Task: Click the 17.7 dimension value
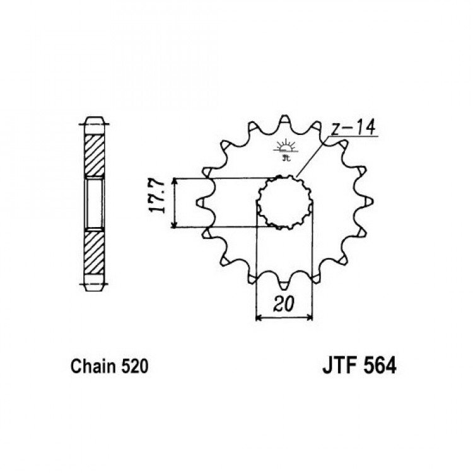(157, 197)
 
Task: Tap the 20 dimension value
(284, 304)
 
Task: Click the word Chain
(93, 366)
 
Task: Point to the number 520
(134, 366)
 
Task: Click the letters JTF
(341, 366)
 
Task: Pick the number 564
(380, 366)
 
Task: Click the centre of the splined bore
(284, 202)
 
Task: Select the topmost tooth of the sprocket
(285, 120)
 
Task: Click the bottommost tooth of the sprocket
(285, 283)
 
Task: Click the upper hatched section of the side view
(95, 156)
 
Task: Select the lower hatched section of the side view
(95, 253)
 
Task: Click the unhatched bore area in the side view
(95, 204)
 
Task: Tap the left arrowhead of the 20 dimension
(259, 318)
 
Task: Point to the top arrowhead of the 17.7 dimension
(174, 181)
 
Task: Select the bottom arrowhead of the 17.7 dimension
(174, 224)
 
